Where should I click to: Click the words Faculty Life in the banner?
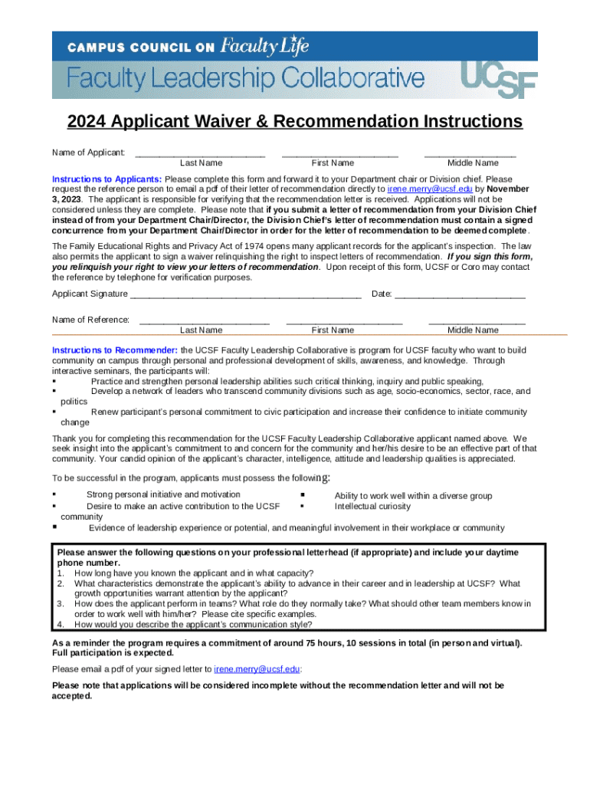pos(264,46)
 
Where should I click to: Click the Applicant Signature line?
pos(245,295)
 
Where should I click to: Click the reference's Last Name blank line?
pos(205,322)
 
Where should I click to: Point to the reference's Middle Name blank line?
pos(477,322)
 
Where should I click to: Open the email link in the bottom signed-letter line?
pos(257,668)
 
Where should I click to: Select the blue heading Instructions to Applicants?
pos(107,179)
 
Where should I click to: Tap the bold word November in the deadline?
pos(507,189)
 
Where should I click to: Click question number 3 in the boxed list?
pos(60,604)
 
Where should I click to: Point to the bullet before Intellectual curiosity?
pos(303,507)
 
